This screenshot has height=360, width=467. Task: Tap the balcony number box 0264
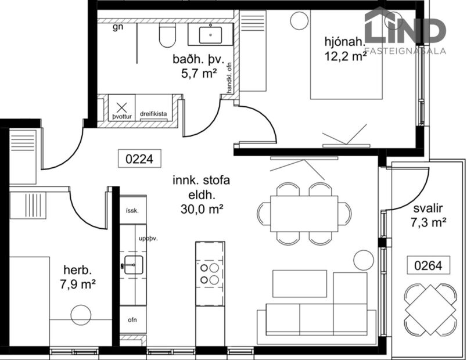[x=428, y=265]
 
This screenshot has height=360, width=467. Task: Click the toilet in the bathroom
[x=167, y=36]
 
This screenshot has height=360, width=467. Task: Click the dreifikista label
[x=154, y=115]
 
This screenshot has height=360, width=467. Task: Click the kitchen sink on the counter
[x=132, y=265]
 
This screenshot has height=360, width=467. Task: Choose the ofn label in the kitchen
[x=133, y=320]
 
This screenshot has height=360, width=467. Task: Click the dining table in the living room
[x=304, y=213]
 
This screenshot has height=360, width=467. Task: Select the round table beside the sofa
[x=364, y=259]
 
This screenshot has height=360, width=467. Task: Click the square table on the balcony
[x=430, y=308]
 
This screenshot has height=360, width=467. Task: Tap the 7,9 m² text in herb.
[x=79, y=285]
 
